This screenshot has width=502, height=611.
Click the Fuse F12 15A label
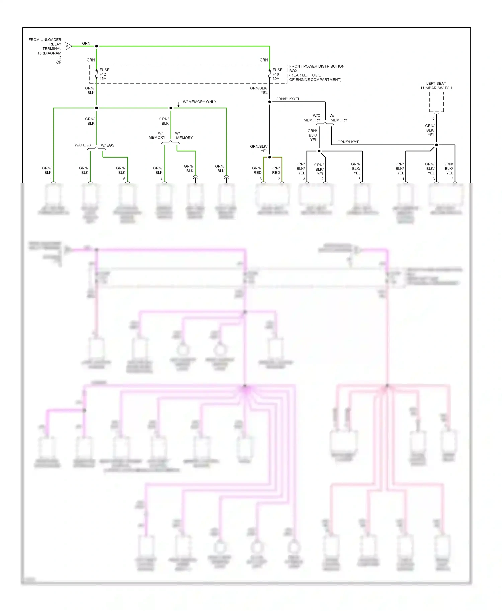pyautogui.click(x=104, y=74)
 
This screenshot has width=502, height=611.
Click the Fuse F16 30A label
pyautogui.click(x=277, y=74)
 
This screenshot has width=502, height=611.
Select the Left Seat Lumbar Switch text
pyautogui.click(x=436, y=86)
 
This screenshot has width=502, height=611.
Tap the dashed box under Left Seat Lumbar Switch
pyautogui.click(x=436, y=102)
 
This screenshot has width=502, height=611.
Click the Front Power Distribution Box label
pyautogui.click(x=316, y=73)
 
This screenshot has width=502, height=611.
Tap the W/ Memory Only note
pyautogui.click(x=199, y=102)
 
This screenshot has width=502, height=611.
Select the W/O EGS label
pyautogui.click(x=83, y=145)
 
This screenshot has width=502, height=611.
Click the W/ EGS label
pyautogui.click(x=108, y=145)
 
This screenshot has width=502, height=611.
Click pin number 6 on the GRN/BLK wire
pyautogui.click(x=124, y=179)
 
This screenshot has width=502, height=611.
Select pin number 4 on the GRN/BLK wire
pyautogui.click(x=161, y=179)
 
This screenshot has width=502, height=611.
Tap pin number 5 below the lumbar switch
pyautogui.click(x=433, y=118)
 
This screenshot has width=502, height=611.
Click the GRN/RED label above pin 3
pyautogui.click(x=257, y=170)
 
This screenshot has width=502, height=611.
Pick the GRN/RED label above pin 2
pyautogui.click(x=275, y=170)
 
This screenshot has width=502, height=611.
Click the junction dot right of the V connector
pyautogui.click(x=96, y=46)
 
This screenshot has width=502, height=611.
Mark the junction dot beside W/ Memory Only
pyautogui.click(x=171, y=108)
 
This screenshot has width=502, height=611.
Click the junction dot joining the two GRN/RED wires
pyautogui.click(x=269, y=157)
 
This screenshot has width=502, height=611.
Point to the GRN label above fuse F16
pyautogui.click(x=264, y=60)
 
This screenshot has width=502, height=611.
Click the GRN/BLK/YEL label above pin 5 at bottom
pyautogui.click(x=356, y=168)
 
